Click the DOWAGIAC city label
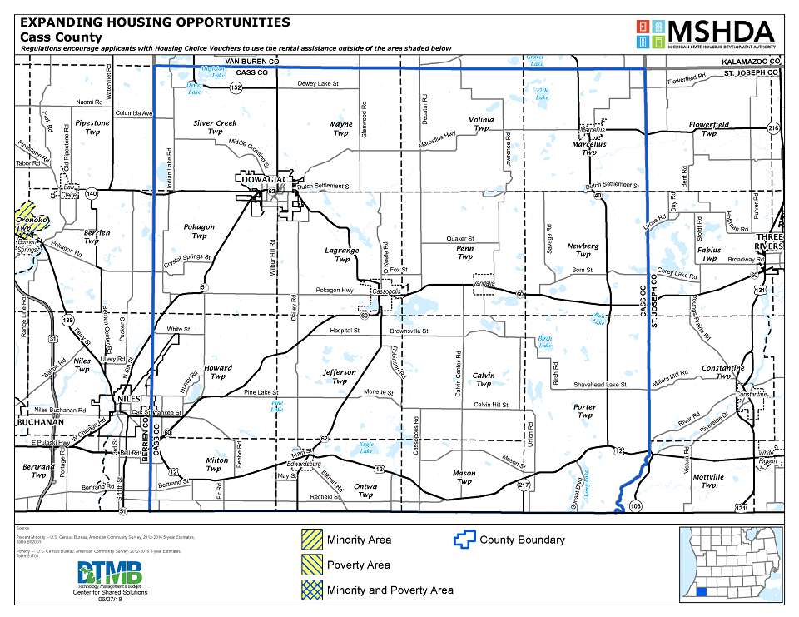point(262,179)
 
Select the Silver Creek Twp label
point(215,127)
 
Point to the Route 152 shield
point(237,87)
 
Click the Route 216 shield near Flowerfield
point(772,127)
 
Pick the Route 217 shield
point(523,485)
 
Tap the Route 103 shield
point(637,506)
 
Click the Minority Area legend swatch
point(311,540)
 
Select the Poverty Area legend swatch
point(311,565)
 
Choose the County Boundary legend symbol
point(464,540)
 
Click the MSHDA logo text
point(720,31)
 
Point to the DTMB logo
point(111,574)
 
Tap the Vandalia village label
point(484,282)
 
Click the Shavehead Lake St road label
point(599,385)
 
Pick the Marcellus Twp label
point(589,147)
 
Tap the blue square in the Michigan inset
point(703,592)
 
